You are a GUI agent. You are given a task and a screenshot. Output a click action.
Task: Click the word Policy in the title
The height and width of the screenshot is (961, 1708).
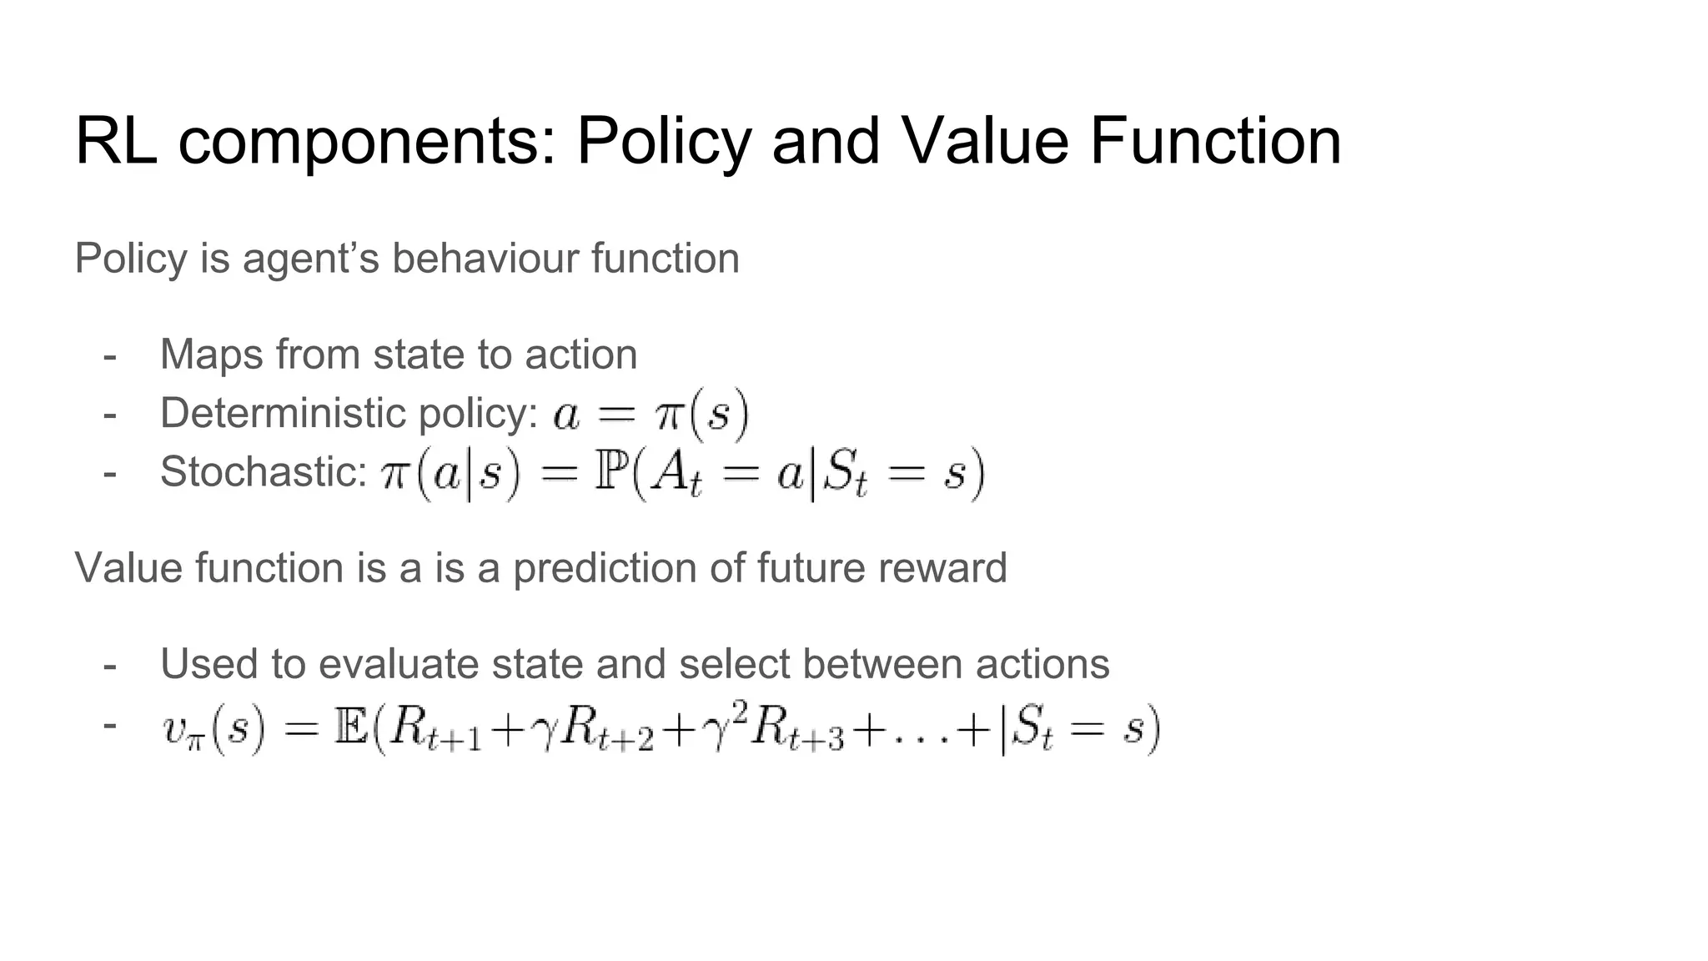point(664,142)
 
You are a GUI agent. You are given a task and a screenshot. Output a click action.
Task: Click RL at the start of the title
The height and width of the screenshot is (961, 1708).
point(116,142)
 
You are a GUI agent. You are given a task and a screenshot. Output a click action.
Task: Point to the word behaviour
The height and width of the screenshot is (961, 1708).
point(485,259)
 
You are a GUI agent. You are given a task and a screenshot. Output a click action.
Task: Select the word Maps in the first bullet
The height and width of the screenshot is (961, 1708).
point(211,355)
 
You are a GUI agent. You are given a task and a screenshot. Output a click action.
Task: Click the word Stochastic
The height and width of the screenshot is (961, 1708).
point(264,472)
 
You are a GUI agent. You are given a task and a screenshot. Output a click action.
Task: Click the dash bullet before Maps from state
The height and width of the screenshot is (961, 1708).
point(109,355)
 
